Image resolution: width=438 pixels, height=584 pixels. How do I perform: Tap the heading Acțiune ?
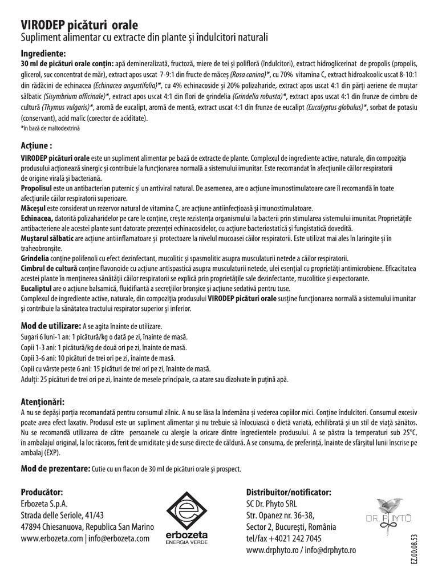[40, 145]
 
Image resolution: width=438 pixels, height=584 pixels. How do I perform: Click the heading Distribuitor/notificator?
[288, 492]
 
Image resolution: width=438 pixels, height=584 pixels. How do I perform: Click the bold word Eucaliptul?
[37, 289]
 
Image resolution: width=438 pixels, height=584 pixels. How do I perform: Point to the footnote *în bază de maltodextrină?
[51, 128]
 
